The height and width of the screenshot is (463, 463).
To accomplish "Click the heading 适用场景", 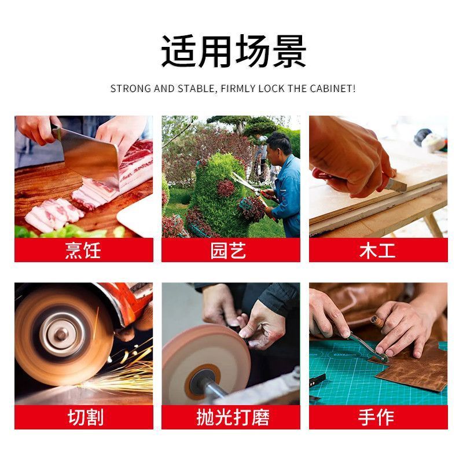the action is [233, 51].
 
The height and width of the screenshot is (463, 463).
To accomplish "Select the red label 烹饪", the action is [83, 250].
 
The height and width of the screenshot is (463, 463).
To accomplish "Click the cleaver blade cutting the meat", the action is [89, 156].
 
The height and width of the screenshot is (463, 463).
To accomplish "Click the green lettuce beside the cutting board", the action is [68, 231].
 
